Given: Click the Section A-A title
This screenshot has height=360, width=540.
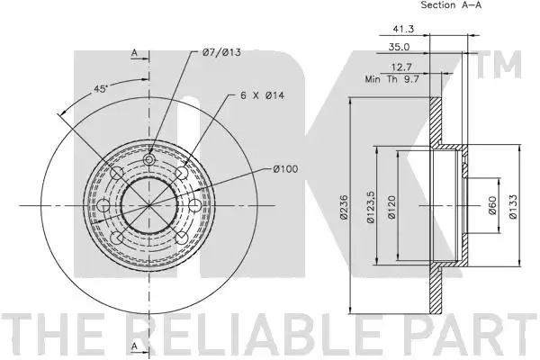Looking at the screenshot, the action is coord(451,4).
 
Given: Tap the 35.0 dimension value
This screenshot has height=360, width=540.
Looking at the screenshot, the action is coord(399,47).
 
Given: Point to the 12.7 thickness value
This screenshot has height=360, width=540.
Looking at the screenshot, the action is coord(401,67).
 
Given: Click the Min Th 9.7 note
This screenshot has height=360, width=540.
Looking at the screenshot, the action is coord(391,79).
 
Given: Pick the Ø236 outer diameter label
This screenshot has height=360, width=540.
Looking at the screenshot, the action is coord(345,207).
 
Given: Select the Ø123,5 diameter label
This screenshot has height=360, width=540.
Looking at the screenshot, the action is coord(371,207).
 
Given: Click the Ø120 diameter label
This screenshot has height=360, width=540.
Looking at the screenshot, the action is coord(391,207).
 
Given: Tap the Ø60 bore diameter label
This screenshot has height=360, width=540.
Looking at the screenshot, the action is coord(492,205).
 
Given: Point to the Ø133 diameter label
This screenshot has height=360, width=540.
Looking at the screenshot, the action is coord(513,207).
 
